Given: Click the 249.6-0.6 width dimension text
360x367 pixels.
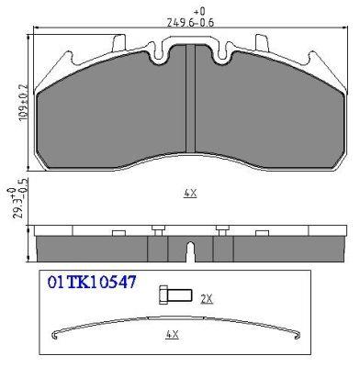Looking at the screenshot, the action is [190, 23].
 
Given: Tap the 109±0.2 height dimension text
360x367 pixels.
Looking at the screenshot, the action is [24, 103].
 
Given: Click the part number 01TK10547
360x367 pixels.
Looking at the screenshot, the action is [91, 282].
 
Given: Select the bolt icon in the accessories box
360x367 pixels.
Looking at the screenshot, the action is [175, 295].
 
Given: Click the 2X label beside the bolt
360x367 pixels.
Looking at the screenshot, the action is [207, 298].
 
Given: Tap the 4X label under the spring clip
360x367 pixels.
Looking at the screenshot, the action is [172, 334].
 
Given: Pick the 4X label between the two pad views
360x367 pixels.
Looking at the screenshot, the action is [190, 194].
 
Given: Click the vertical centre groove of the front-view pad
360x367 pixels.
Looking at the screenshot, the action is [190, 98].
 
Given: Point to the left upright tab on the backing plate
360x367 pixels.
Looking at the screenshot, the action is [119, 43].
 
